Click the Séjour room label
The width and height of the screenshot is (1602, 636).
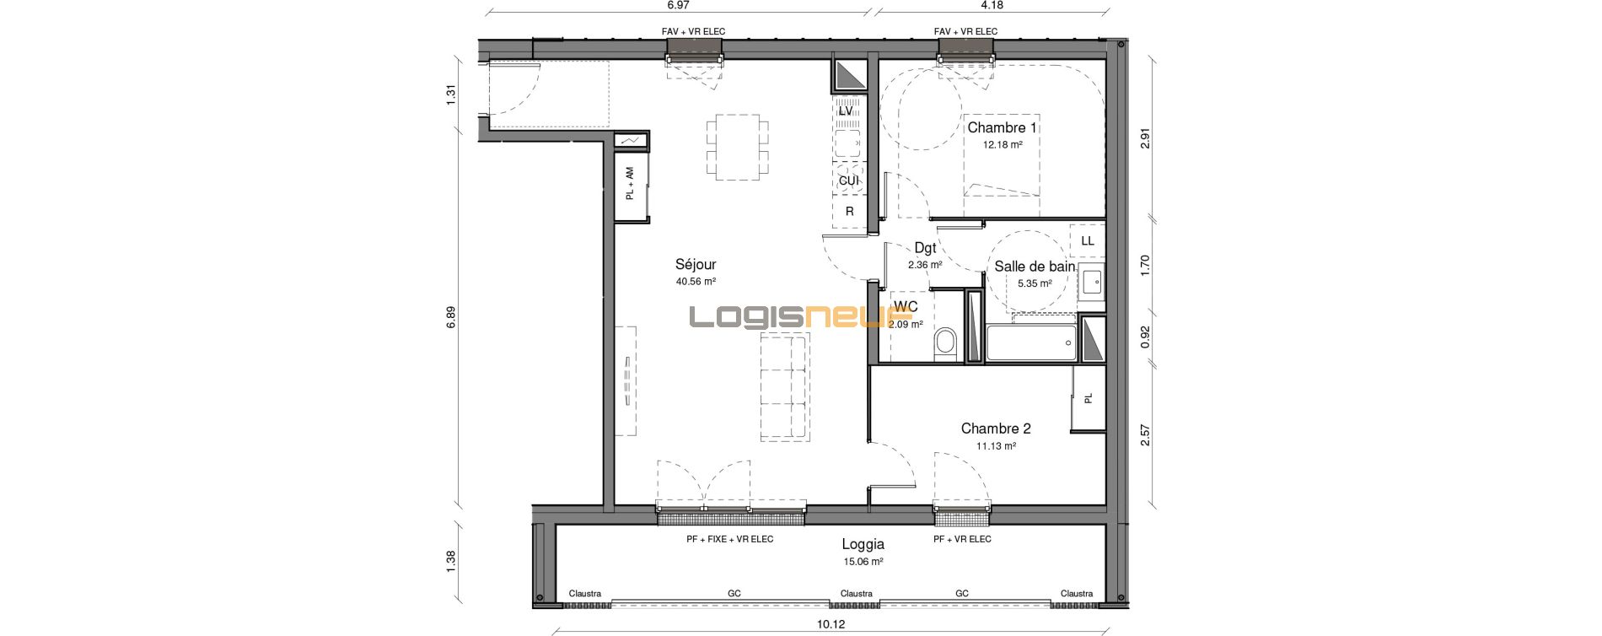696,264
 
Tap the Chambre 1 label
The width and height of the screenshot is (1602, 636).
1003,128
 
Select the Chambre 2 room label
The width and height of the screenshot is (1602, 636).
996,428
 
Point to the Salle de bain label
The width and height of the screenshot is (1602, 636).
1035,267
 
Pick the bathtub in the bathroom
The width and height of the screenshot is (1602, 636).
1031,342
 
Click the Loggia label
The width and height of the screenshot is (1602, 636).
863,545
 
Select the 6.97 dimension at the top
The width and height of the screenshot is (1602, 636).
678,5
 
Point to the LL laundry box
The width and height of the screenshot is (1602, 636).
1088,240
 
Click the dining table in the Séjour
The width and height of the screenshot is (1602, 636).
738,148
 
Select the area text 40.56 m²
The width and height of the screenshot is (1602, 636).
696,282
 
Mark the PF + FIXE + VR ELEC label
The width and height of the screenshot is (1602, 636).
730,539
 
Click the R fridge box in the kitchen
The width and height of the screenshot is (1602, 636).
850,211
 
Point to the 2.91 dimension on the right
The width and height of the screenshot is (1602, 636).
1145,139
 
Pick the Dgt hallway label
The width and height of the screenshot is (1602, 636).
925,248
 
